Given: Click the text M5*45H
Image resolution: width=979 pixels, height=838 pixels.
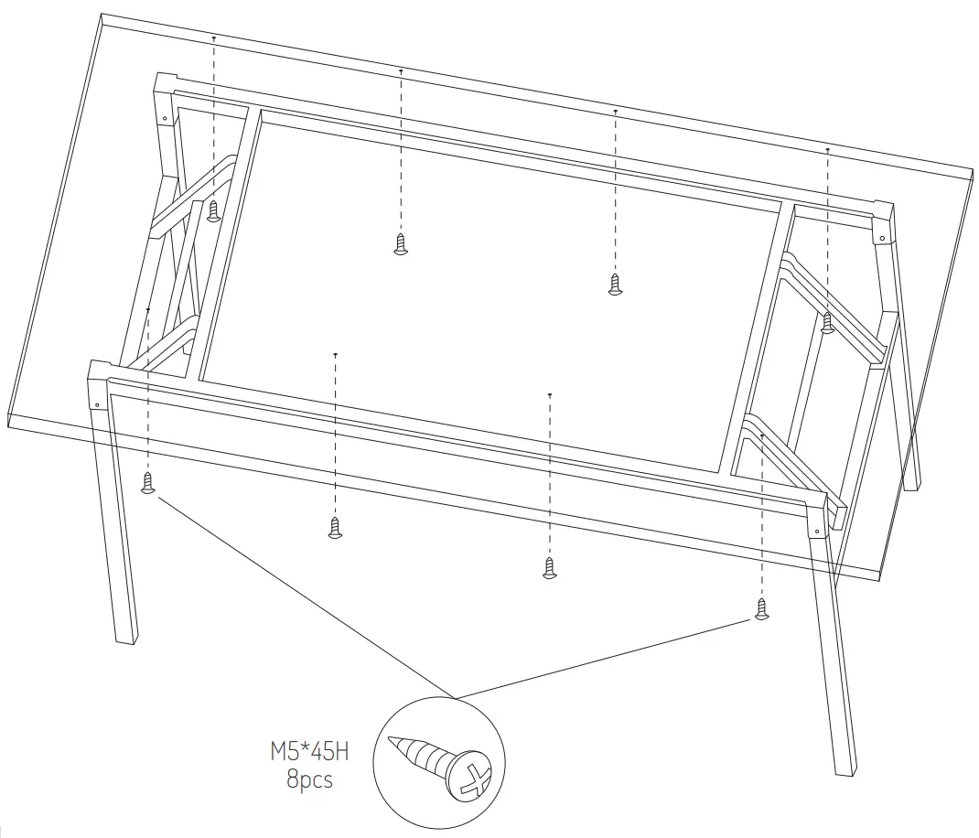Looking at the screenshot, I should (309, 754).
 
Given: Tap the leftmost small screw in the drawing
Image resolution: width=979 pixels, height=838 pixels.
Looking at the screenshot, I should (148, 483).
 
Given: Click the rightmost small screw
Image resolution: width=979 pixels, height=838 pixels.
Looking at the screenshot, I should (827, 322).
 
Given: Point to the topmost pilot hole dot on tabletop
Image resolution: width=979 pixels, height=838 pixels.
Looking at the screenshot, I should (214, 38).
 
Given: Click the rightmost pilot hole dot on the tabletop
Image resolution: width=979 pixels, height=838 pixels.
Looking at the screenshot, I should (827, 149).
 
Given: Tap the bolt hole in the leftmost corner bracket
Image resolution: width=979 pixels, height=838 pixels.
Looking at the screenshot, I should (95, 403).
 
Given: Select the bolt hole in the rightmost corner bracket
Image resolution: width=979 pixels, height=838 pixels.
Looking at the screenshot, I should (881, 238).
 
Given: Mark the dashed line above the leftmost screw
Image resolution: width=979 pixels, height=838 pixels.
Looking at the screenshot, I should (148, 393).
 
